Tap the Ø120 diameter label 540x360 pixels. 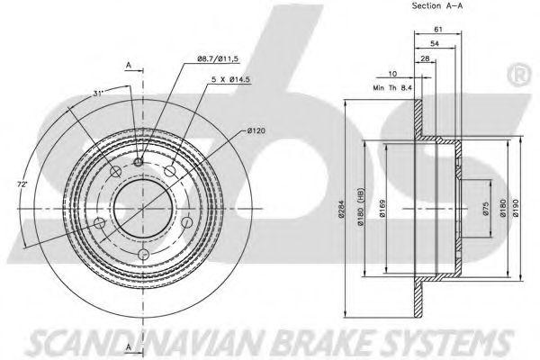(x=256, y=132)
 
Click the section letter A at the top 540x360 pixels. (x=130, y=66)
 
